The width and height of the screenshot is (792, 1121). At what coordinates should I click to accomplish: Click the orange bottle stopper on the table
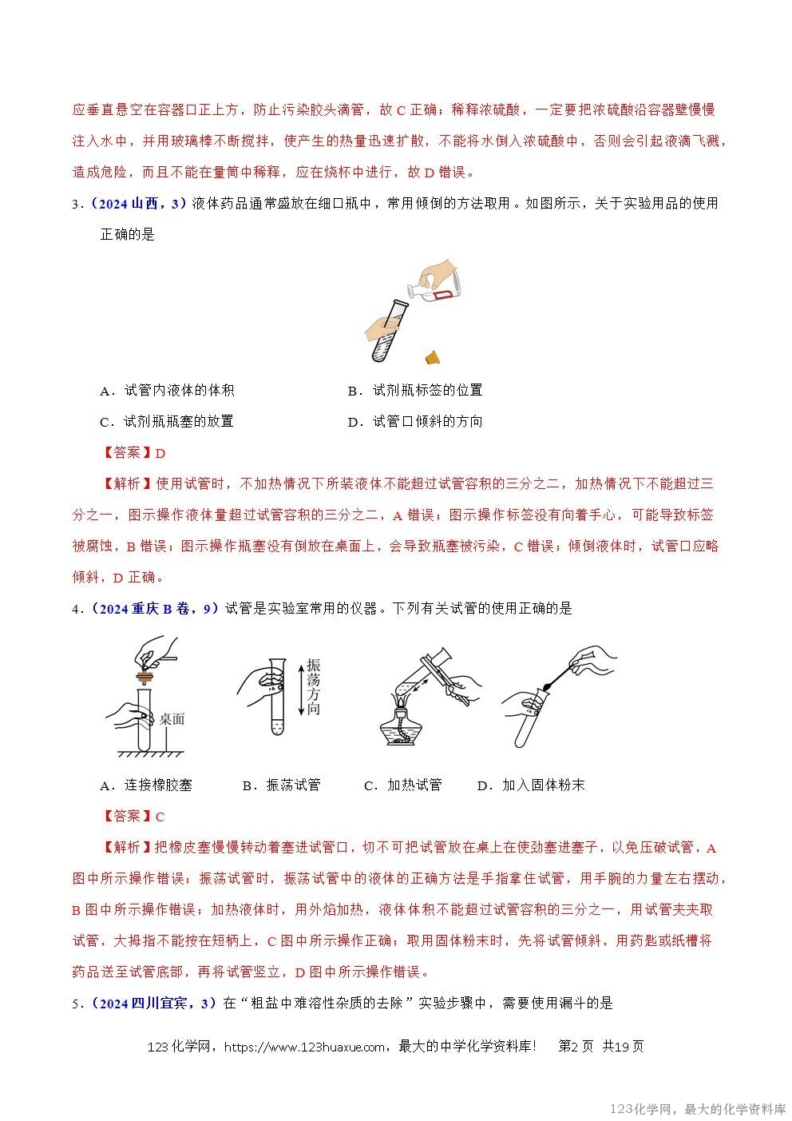[x=432, y=356]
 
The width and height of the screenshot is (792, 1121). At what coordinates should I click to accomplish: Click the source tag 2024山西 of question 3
[x=138, y=204]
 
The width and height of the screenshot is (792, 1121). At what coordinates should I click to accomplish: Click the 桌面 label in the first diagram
[x=172, y=719]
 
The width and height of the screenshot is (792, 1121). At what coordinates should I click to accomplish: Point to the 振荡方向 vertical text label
[x=313, y=687]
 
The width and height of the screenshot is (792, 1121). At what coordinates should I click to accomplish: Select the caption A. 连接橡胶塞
[x=146, y=785]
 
